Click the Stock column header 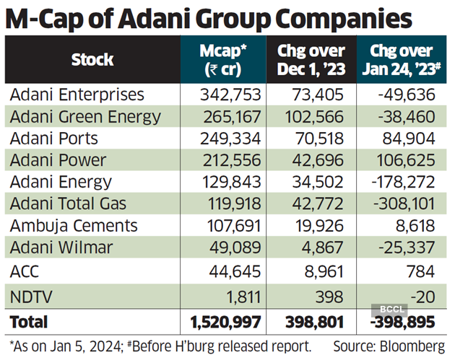pos(92,60)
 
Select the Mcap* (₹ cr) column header pos(222,60)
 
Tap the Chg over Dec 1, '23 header pos(310,60)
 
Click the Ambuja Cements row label pos(73,225)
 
